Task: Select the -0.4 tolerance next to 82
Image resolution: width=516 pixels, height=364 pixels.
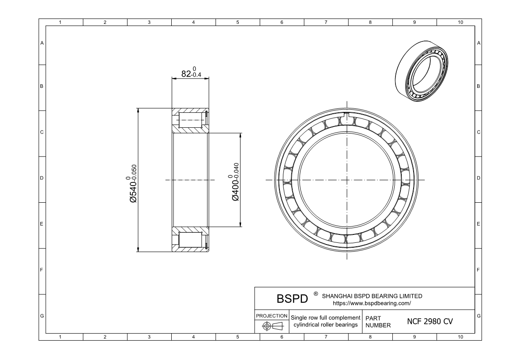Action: [x=196, y=75]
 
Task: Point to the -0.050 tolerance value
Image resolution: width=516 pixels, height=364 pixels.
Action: [x=134, y=175]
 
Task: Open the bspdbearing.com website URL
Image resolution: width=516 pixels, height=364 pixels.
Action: [x=372, y=303]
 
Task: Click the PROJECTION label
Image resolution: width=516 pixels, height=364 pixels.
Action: [x=272, y=316]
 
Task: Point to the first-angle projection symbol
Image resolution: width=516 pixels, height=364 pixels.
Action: [x=272, y=327]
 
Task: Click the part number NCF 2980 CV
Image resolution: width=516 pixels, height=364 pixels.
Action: [x=429, y=322]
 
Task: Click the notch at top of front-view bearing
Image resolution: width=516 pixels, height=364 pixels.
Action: [x=347, y=116]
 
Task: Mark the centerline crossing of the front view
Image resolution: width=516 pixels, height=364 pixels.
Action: [x=347, y=180]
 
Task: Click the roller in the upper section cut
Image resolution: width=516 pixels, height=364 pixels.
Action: [x=190, y=120]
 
